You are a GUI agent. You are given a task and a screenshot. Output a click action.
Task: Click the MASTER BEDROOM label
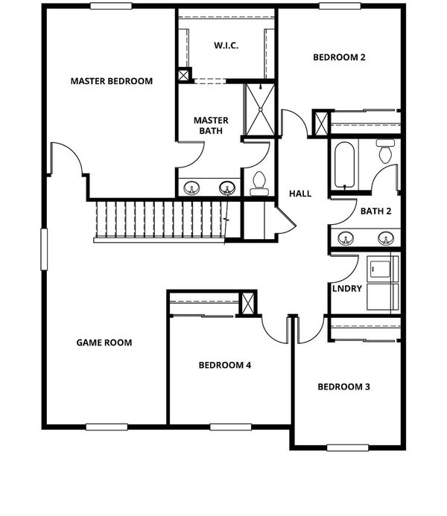[112, 81]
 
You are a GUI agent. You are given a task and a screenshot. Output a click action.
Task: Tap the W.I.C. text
[226, 45]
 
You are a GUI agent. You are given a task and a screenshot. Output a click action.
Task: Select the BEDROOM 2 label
[339, 57]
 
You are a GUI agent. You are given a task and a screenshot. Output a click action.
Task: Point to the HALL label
[300, 194]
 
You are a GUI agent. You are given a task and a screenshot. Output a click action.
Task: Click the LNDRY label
[347, 289]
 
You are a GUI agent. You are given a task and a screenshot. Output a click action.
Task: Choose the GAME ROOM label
[104, 343]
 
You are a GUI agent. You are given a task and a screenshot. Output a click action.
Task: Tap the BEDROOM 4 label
[225, 365]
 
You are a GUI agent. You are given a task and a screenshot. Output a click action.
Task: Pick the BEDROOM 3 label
[343, 386]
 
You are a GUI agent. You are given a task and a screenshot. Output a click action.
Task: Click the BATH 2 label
[376, 211]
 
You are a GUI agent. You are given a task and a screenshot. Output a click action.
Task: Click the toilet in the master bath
[259, 183]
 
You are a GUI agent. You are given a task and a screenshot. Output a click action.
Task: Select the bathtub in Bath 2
[344, 165]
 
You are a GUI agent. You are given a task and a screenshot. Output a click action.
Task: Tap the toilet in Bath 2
[385, 150]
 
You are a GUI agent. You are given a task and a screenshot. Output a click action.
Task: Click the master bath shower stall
[260, 109]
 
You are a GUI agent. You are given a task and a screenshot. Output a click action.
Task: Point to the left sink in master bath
[191, 188]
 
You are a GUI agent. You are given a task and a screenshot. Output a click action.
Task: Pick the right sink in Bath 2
[386, 238]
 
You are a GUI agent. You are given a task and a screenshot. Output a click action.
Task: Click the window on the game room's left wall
[44, 249]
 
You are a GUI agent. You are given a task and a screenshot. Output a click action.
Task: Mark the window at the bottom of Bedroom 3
[348, 447]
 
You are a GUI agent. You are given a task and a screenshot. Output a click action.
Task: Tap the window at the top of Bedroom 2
[340, 6]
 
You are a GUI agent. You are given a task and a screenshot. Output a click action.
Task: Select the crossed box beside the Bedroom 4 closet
[247, 303]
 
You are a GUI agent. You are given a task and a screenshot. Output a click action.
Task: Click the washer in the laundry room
[380, 270]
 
